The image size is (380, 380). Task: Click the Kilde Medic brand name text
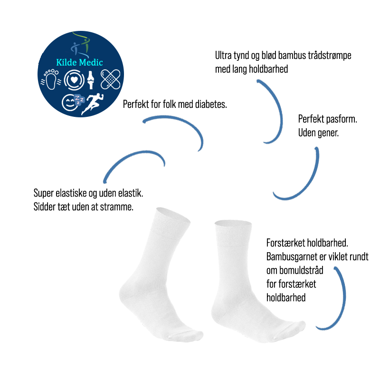pyautogui.click(x=79, y=62)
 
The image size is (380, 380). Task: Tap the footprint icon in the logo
pyautogui.click(x=51, y=80)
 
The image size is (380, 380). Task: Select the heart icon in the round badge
pyautogui.click(x=74, y=80)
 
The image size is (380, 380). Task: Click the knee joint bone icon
pyautogui.click(x=91, y=80)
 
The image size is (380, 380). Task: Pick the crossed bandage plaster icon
pyautogui.click(x=111, y=79)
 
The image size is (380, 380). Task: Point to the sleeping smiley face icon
pyautogui.click(x=73, y=102)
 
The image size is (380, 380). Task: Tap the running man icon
pyautogui.click(x=92, y=104)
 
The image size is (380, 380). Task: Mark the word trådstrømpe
pyautogui.click(x=330, y=56)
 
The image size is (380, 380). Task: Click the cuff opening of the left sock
pyautogui.click(x=173, y=215)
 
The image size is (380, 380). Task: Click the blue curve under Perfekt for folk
pyautogui.click(x=174, y=133)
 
